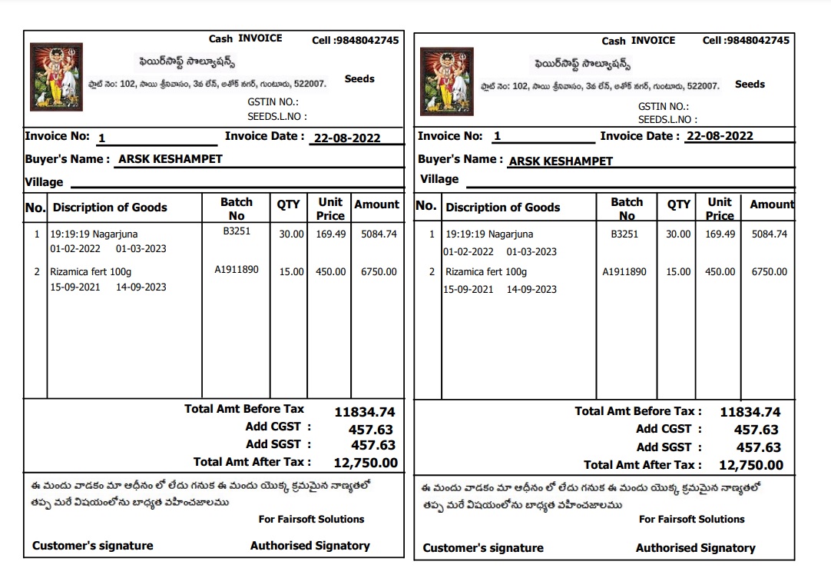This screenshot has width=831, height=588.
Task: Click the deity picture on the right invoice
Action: [x=446, y=81]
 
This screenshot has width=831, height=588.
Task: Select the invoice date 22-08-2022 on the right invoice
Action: [x=720, y=136]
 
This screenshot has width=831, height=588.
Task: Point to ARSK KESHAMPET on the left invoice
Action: [x=170, y=159]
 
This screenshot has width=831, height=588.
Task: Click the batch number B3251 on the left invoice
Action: [x=237, y=230]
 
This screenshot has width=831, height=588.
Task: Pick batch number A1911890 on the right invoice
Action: [x=624, y=271]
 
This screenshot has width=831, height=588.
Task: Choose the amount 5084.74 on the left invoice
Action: [x=379, y=234]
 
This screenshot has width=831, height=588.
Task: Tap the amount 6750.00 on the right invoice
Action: [x=769, y=271]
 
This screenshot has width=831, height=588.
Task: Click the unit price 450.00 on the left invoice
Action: [x=331, y=271]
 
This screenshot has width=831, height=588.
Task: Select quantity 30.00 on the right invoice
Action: [x=678, y=234]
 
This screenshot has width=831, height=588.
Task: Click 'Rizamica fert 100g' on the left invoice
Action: [x=91, y=271]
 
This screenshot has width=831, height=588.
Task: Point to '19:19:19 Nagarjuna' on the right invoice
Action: [x=489, y=234]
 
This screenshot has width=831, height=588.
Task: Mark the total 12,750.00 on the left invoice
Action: [x=366, y=463]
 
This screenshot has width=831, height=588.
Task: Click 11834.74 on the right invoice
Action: [x=750, y=412]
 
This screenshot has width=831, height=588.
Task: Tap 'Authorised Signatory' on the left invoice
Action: [x=310, y=546]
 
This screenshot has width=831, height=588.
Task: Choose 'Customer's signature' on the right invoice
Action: [x=483, y=548]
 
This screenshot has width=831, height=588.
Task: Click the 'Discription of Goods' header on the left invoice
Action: [x=110, y=208]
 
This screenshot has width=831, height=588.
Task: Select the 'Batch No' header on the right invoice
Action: [x=627, y=208]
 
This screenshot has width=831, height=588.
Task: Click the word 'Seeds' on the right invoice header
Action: [x=750, y=85]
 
